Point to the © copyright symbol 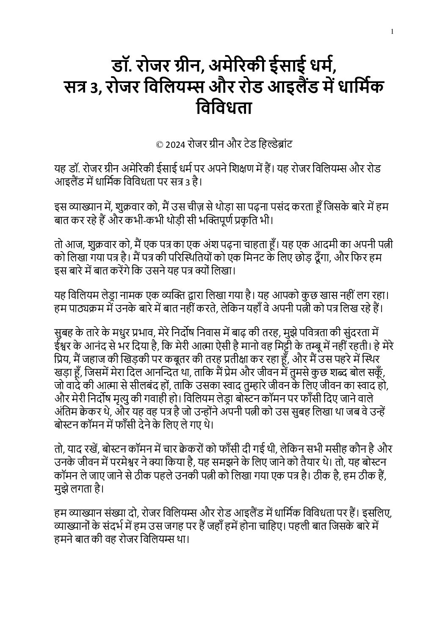pos(160,145)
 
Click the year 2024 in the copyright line pos(175,145)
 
